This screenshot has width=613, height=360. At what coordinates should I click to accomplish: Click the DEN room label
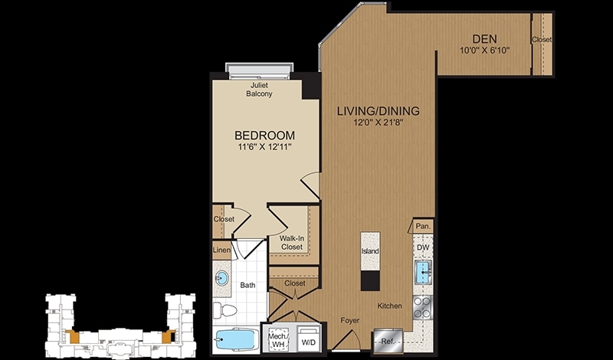coord(484,39)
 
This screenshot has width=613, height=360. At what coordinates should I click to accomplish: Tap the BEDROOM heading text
coord(264,136)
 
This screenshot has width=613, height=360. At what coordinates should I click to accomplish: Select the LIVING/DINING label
coord(378,111)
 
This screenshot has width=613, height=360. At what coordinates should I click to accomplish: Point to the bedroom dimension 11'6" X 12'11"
coord(264,147)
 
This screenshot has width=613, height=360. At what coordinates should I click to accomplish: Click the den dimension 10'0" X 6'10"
coord(485,51)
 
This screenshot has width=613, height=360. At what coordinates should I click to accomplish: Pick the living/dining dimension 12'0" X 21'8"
coord(378,123)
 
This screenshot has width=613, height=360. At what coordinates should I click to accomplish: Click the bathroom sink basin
coord(221,279)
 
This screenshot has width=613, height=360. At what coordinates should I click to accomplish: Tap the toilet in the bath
coord(225,310)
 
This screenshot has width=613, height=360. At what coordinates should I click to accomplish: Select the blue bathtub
coord(236,340)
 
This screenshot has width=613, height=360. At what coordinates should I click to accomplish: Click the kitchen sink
coord(423,271)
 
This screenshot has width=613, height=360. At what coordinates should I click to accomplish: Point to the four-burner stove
coord(423,307)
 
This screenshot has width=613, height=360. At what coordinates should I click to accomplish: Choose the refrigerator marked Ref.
coord(388,342)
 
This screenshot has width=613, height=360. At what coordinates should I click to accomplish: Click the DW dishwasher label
coord(423,247)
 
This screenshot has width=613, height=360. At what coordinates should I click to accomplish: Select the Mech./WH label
coord(278,339)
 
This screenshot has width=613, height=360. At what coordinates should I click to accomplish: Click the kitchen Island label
coord(370,251)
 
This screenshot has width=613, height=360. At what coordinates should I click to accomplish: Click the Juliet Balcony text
coord(259,90)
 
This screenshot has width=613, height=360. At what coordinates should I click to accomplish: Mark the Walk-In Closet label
coord(291,242)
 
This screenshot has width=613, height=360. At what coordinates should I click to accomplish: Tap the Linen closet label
coord(221,250)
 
